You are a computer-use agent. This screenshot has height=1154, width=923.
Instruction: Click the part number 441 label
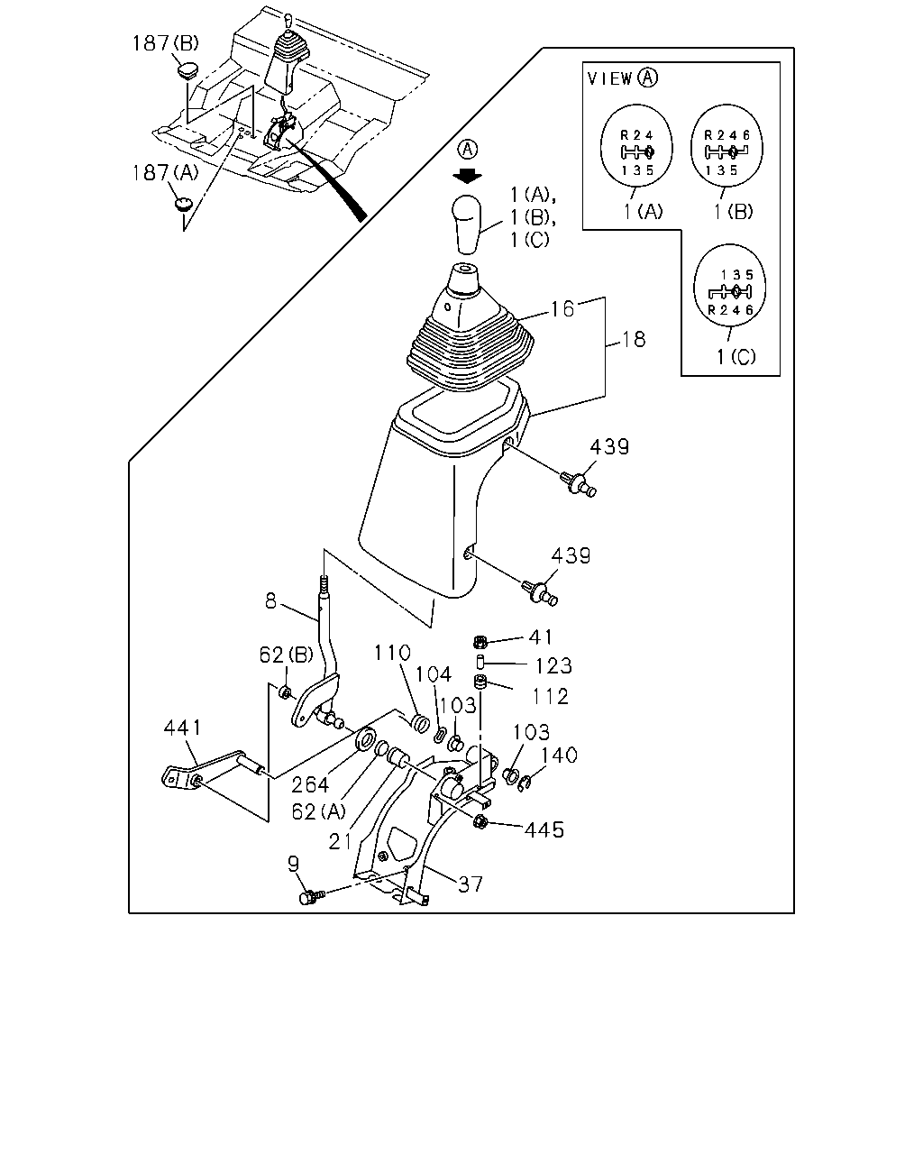(183, 728)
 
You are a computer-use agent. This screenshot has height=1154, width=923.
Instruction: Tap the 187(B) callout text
(165, 43)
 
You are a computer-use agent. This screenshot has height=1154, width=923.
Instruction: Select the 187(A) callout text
(165, 173)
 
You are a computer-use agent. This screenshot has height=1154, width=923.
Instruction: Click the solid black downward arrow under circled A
(467, 175)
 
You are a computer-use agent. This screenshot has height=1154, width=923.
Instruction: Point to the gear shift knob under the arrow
(467, 224)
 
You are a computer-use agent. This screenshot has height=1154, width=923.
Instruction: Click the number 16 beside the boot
(562, 309)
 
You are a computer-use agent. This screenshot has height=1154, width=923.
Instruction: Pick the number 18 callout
(634, 340)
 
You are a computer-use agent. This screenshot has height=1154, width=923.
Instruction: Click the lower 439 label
(571, 555)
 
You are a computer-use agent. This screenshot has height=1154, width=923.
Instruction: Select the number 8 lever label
(270, 601)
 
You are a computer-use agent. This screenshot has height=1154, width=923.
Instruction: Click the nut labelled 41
(480, 641)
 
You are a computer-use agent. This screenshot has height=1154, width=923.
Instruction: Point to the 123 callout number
(553, 666)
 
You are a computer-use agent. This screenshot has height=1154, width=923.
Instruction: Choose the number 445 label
(544, 830)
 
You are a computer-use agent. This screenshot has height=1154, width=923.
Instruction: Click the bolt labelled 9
(312, 896)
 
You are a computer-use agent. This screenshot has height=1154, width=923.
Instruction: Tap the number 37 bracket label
(471, 884)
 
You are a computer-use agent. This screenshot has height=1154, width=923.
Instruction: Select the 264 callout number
(310, 785)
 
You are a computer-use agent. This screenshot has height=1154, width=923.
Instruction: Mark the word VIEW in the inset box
(609, 78)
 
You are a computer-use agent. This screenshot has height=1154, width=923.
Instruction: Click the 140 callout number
(559, 755)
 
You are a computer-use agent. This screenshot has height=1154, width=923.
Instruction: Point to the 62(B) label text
(286, 655)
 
